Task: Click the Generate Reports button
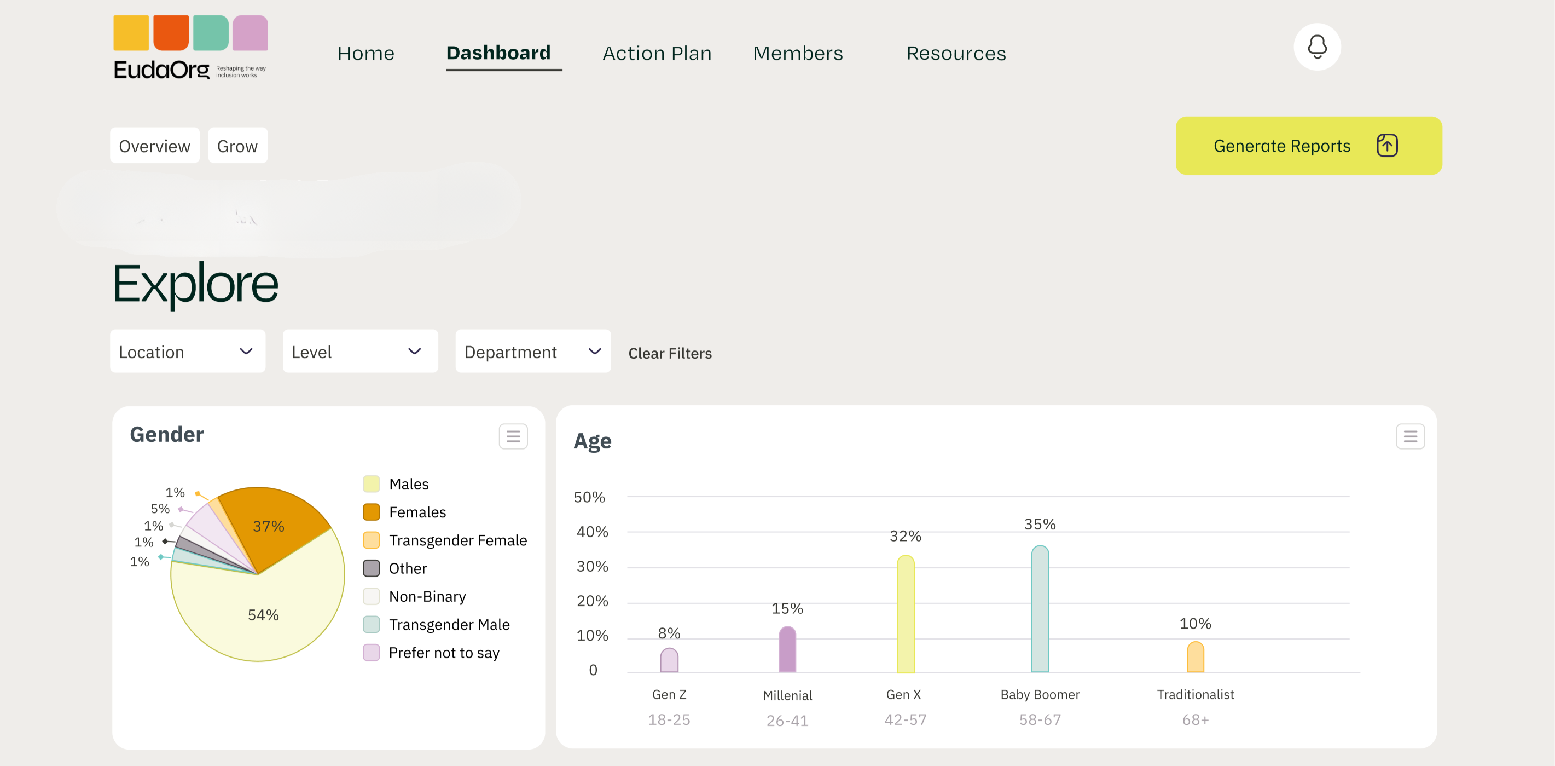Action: (x=1308, y=146)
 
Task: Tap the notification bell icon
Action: (x=1316, y=47)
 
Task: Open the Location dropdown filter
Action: (x=187, y=351)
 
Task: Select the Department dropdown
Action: (x=532, y=351)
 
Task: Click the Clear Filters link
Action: (x=670, y=353)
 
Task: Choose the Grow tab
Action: (x=237, y=146)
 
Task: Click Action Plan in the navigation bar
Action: (x=657, y=53)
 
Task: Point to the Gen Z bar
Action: (x=669, y=660)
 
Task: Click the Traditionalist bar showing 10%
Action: (x=1194, y=657)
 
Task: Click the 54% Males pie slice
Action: (x=263, y=614)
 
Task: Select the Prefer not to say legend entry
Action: (x=444, y=653)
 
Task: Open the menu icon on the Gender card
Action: (x=513, y=436)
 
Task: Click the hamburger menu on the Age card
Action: (x=1409, y=436)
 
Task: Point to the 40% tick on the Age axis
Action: (x=591, y=532)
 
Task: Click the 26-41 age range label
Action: (x=787, y=720)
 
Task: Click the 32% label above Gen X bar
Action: (x=905, y=536)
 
